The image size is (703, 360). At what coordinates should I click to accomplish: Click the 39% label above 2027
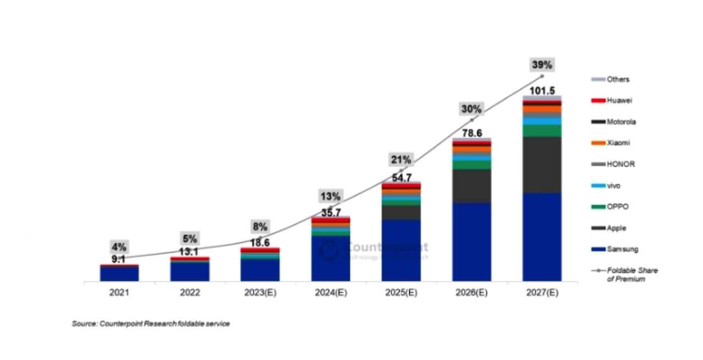[x=542, y=64]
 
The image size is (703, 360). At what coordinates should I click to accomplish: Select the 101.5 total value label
[x=542, y=91]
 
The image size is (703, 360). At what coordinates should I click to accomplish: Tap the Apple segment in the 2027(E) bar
[x=542, y=165]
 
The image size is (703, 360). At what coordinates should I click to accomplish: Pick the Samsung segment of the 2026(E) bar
[x=471, y=242]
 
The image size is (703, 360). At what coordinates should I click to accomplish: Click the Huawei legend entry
[x=619, y=101]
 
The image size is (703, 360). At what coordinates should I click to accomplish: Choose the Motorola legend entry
[x=621, y=122]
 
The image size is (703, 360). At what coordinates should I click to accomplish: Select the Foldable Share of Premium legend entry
[x=631, y=275]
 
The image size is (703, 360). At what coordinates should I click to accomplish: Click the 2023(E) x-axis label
[x=260, y=293]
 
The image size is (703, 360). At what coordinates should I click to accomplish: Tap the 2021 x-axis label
[x=119, y=293]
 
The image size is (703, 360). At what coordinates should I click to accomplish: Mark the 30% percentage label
[x=471, y=109]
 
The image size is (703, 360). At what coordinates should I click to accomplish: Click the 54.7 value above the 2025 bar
[x=401, y=178]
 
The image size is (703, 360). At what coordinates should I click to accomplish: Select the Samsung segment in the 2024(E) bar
[x=331, y=259]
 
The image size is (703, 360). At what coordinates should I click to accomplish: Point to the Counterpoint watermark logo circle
[x=329, y=250]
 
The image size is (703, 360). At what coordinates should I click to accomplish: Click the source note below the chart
[x=151, y=324]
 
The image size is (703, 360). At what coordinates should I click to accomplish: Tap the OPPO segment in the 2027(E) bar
[x=542, y=130]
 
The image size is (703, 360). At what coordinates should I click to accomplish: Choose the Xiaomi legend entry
[x=618, y=143]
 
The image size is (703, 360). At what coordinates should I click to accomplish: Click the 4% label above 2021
[x=119, y=247]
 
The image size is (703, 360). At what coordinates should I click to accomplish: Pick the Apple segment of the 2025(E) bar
[x=401, y=212]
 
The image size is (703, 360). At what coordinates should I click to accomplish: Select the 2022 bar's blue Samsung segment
[x=190, y=271]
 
